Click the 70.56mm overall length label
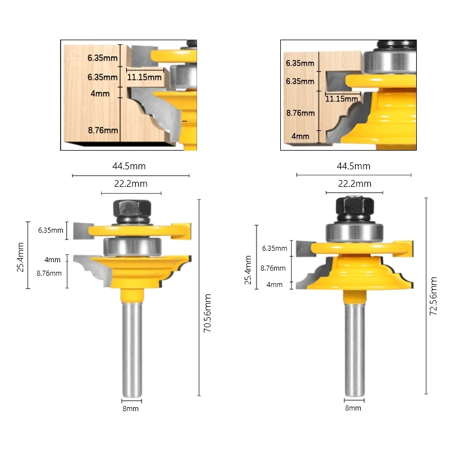click(x=208, y=320)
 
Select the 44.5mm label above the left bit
click(x=129, y=166)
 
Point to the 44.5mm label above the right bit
click(x=354, y=166)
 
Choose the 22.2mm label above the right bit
click(x=355, y=183)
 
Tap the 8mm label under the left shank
click(x=130, y=408)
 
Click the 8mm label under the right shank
click(x=353, y=408)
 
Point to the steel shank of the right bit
click(x=353, y=345)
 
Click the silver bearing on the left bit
click(x=133, y=247)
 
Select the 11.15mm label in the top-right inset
click(x=341, y=99)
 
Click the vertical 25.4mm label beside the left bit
click(x=21, y=256)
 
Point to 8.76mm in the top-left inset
click(x=103, y=130)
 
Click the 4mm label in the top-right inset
click(x=301, y=136)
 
